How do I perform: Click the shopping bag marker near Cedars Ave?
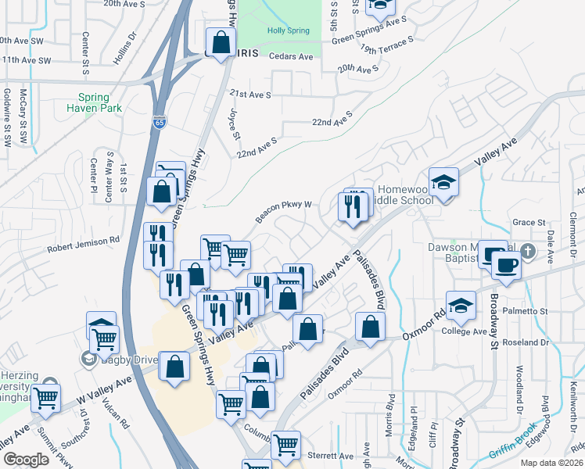tap(221, 42)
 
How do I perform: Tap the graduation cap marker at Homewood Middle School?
tap(443, 183)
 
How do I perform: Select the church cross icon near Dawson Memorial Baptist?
tap(528, 251)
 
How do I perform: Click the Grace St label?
tap(529, 222)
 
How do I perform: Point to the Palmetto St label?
tap(527, 311)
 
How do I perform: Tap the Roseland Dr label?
tap(528, 342)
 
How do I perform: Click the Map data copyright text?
tap(551, 463)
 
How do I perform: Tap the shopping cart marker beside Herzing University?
tap(46, 396)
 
